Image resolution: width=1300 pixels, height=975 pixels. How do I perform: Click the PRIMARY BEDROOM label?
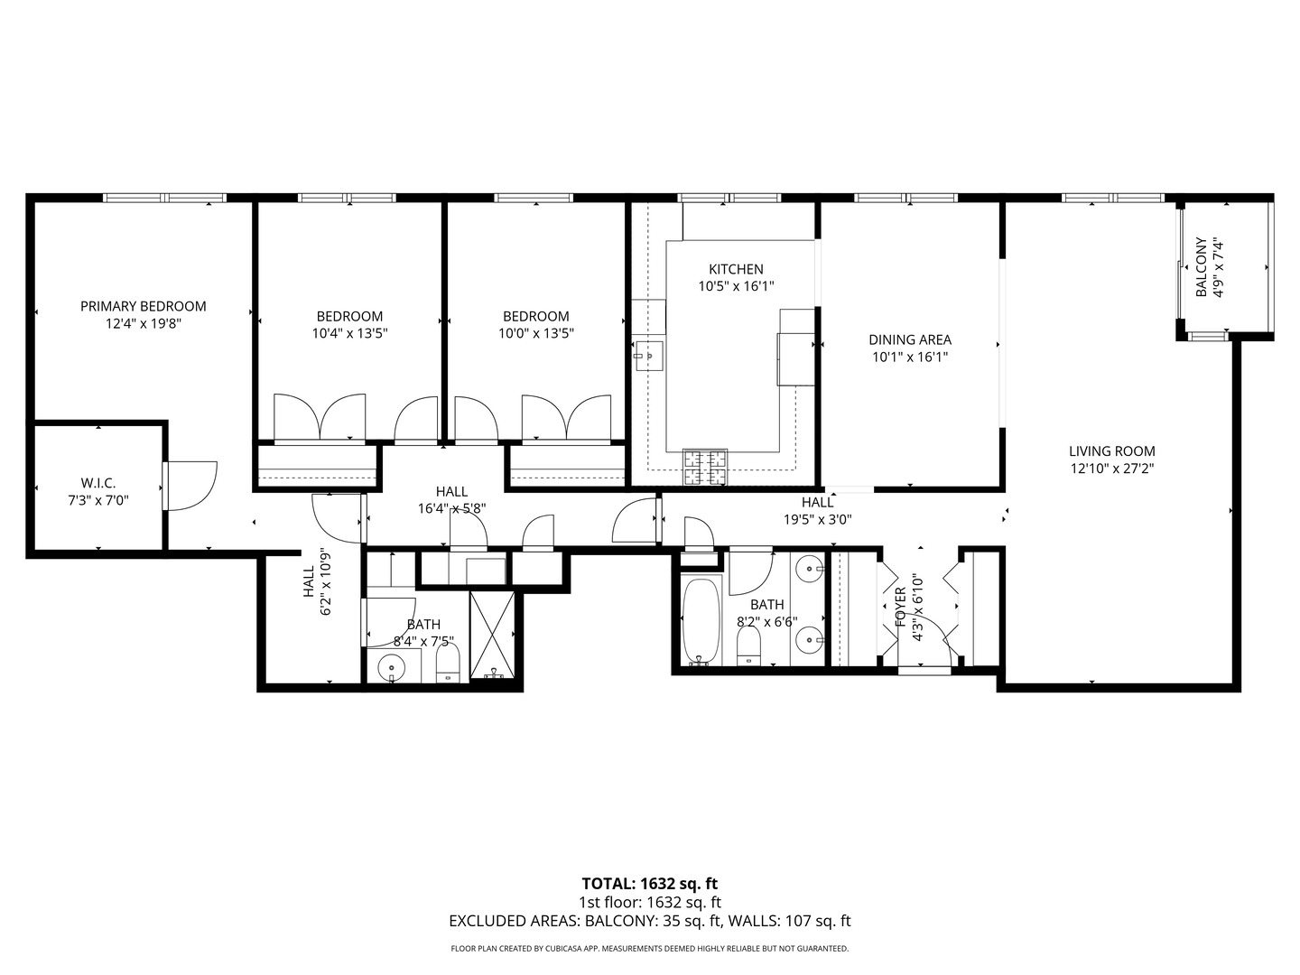point(143,306)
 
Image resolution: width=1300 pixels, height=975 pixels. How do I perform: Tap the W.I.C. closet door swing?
point(191,484)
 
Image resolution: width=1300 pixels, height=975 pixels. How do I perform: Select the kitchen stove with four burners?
point(705,466)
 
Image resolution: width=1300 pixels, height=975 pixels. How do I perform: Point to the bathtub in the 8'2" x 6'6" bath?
point(698,622)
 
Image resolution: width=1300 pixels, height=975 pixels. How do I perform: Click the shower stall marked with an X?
point(493,634)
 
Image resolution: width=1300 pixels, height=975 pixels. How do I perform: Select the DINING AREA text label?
point(910,339)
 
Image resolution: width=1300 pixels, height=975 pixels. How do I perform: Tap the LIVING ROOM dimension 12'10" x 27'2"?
point(1111,469)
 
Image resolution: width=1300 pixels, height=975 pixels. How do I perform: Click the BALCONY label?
point(1201,267)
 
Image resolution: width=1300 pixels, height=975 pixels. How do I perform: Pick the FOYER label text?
point(900,608)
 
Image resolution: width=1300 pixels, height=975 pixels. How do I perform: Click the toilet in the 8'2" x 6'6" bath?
point(749,646)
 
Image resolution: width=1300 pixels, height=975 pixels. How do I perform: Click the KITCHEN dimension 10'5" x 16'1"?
point(736,286)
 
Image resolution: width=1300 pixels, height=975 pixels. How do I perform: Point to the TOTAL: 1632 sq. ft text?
point(649,883)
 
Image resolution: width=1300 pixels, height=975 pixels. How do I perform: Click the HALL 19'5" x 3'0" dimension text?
point(817,519)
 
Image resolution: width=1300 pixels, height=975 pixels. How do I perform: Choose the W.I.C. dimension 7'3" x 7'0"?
point(97,499)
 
